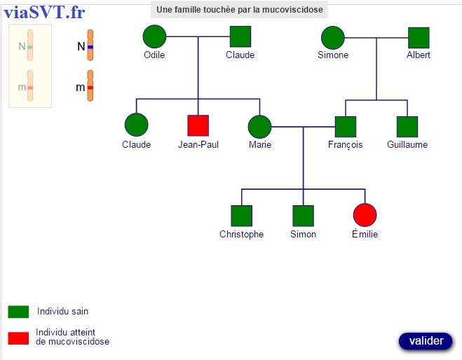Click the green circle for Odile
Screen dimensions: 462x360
point(154,36)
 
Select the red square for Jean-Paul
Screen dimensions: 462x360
point(198,125)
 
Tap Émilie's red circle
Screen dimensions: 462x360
point(365,215)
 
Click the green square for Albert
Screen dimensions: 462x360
point(419,38)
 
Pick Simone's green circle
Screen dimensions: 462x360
point(332,38)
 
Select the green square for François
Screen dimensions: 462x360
point(346,127)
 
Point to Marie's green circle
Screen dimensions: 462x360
point(259,127)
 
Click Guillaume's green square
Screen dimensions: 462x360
point(407,127)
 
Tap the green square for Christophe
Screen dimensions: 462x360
point(242,216)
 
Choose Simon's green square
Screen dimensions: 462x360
point(303,216)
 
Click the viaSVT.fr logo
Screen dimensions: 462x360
point(44,13)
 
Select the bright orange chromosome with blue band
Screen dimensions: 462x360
point(90,46)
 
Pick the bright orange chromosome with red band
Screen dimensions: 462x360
point(90,85)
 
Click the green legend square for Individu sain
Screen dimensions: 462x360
point(18,312)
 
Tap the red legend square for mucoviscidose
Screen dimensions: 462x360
point(18,338)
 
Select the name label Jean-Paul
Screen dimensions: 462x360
point(198,144)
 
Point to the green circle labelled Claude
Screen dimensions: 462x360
point(137,125)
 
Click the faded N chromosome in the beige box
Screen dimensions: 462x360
point(30,46)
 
